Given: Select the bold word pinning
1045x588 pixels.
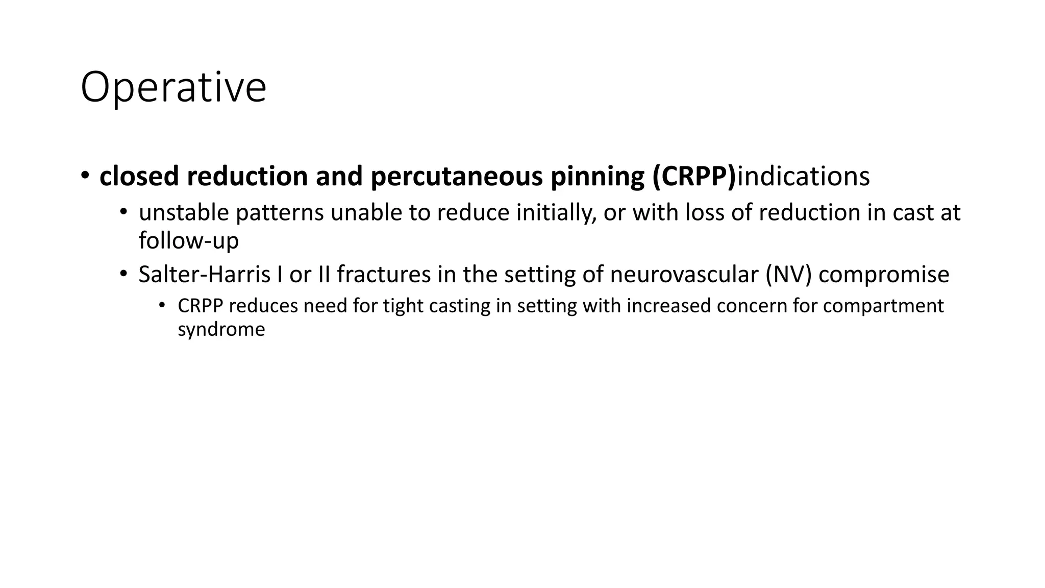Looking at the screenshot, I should (x=595, y=176).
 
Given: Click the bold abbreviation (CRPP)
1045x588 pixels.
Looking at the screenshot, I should (x=694, y=176).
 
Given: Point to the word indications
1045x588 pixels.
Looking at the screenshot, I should (x=804, y=176).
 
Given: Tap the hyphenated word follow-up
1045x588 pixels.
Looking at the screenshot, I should (x=189, y=240).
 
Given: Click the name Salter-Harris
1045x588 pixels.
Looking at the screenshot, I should (x=204, y=274).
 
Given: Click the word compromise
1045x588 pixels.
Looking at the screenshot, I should (x=884, y=274).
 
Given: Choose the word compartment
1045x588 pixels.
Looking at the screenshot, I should (x=883, y=306).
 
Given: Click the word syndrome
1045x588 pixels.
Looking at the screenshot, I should (x=221, y=329).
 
